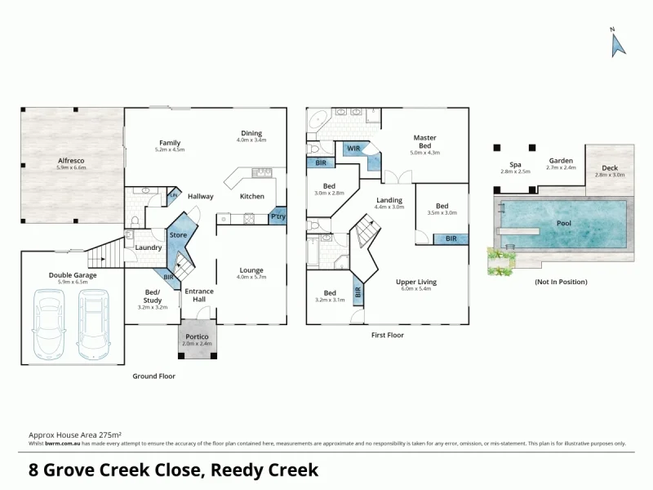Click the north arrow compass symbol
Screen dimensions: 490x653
618,44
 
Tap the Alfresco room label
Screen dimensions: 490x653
71,161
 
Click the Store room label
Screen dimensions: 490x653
178,236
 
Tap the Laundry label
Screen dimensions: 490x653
148,247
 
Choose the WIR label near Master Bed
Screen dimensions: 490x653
353,148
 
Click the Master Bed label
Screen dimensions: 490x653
425,141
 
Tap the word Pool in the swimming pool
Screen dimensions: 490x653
564,222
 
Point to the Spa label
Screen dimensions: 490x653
515,164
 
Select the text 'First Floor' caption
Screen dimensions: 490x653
388,335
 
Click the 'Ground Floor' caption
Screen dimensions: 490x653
153,376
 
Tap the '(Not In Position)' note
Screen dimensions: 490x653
560,282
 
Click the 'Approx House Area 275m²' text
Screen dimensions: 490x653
75,435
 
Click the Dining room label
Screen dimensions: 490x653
251,134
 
